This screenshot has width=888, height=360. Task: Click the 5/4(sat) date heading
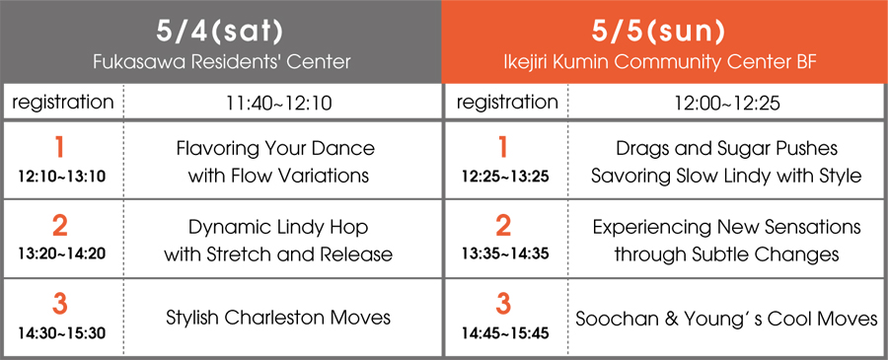[x=220, y=32]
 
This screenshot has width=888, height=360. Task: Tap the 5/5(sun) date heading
[x=659, y=32]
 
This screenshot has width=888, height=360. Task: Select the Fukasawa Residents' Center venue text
[x=221, y=61]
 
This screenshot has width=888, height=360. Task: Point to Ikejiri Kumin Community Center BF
[x=660, y=62]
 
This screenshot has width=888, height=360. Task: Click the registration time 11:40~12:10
[x=279, y=103]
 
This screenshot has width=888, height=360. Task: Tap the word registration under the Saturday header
[x=63, y=103]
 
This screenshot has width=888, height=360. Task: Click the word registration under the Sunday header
[x=507, y=103]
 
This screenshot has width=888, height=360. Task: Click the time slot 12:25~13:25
[x=503, y=177]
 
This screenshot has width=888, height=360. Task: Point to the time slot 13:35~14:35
[x=503, y=254]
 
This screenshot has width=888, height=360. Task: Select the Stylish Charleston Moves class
[x=278, y=318]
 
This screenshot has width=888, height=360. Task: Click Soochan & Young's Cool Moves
[x=726, y=319]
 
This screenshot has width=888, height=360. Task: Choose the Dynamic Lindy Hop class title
[x=278, y=228]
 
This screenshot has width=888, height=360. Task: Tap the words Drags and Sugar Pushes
[x=726, y=149]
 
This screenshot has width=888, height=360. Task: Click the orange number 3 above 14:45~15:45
[x=503, y=306]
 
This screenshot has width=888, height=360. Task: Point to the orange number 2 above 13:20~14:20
[x=59, y=227]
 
